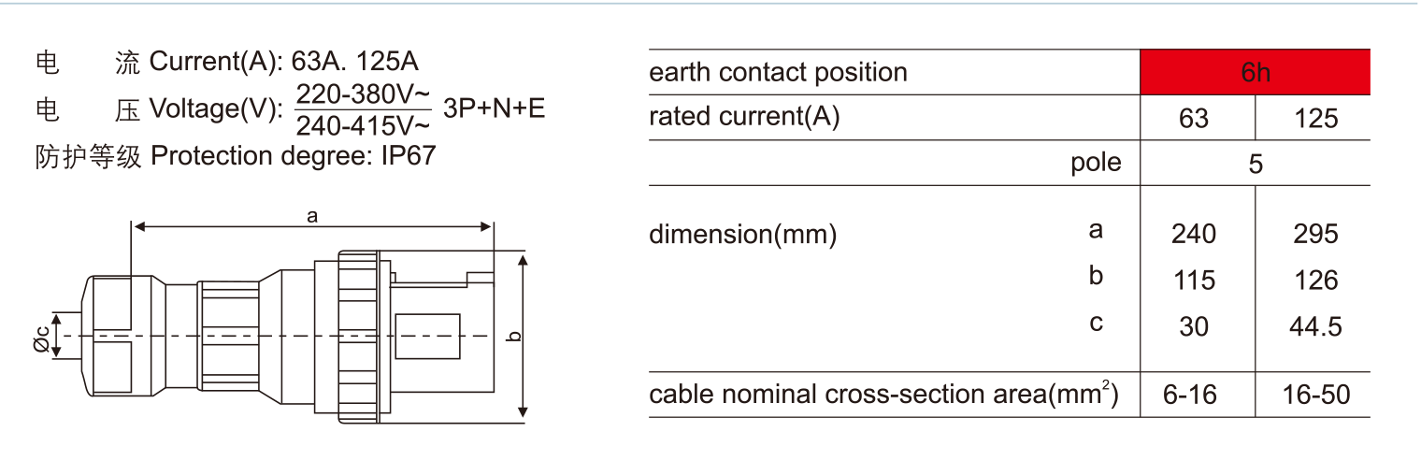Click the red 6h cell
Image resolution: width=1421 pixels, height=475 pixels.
pos(1255,73)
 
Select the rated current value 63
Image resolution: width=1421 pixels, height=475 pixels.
pos(1194,119)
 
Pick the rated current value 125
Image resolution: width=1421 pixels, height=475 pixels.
pos(1314,119)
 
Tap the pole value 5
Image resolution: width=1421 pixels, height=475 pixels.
pos(1255,165)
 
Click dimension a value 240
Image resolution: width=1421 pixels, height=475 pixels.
pos(1194,233)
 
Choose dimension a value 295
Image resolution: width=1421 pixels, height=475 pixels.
pos(1314,233)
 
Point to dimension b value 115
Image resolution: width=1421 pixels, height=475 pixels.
pos(1194,280)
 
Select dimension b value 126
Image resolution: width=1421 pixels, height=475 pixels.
pos(1314,280)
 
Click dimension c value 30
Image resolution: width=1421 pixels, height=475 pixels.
pos(1194,326)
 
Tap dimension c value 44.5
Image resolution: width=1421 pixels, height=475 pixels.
pos(1314,326)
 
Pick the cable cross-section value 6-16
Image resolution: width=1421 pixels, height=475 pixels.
pos(1190,395)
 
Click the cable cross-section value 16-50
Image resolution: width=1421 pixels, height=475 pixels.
pos(1314,395)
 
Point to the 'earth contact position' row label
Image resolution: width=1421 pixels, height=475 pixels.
pos(778,73)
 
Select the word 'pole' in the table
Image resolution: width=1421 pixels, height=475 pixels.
pos(1096,163)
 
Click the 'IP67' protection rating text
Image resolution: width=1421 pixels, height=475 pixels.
pos(408,155)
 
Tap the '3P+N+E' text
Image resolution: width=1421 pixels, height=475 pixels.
pos(494,108)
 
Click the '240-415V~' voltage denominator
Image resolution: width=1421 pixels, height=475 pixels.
pos(363,125)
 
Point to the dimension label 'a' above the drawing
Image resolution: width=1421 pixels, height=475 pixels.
pos(312,216)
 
